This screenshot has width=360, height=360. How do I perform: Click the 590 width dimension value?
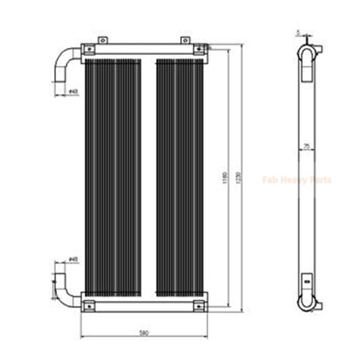144,334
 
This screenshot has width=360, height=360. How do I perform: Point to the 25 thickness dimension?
306,147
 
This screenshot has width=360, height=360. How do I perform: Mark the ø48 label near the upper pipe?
73,92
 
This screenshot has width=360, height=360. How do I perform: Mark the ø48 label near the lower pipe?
73,259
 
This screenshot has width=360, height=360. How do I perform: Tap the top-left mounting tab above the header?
102,40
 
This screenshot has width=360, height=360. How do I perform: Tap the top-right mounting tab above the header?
184,40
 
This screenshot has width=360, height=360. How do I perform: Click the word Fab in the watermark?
269,180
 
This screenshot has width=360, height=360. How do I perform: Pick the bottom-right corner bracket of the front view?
199,305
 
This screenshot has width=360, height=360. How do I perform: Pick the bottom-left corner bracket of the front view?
88,305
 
